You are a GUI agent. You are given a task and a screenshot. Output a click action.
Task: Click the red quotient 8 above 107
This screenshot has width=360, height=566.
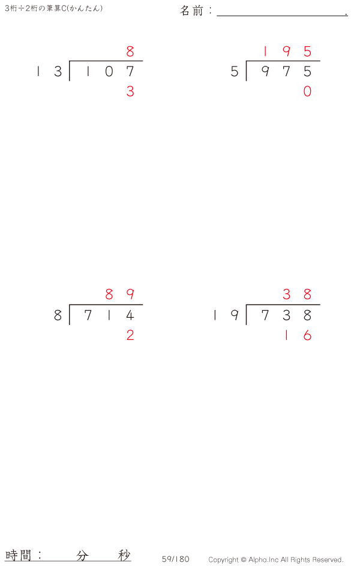[x=130, y=51]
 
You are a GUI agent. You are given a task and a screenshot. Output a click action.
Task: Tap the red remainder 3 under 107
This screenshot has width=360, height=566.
[x=130, y=91]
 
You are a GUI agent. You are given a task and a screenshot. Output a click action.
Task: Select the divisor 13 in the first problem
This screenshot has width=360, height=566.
[x=49, y=71]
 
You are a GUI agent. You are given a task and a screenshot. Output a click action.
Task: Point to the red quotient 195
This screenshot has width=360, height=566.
[x=287, y=51]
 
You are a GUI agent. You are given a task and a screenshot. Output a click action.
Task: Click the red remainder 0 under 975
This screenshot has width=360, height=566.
[x=307, y=91]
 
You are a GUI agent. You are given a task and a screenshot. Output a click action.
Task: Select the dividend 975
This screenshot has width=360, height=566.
[x=286, y=71]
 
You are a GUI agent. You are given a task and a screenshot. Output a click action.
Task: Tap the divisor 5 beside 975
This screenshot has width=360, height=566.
[x=235, y=71]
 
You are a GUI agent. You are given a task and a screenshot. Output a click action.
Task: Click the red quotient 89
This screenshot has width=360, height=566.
[x=120, y=294]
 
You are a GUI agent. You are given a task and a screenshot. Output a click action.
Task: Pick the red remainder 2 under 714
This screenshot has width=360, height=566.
[x=130, y=335]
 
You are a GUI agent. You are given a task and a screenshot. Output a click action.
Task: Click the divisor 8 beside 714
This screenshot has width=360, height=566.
[x=58, y=315]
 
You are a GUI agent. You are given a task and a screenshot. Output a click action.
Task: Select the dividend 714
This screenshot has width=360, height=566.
[x=109, y=315]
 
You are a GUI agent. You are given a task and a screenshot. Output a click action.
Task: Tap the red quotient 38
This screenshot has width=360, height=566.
[x=297, y=294]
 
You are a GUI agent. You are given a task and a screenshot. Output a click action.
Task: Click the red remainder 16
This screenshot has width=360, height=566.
[x=298, y=335]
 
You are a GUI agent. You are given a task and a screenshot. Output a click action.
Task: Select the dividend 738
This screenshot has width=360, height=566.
[x=286, y=315]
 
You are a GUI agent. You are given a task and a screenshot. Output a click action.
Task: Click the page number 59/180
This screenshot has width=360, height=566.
[x=175, y=559]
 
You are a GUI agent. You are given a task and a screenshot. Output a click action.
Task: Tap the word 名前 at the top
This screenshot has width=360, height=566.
[x=192, y=11]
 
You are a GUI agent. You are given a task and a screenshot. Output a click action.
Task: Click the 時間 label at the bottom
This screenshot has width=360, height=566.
[x=18, y=555]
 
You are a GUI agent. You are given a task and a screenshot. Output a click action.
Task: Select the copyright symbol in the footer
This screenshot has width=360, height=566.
[x=244, y=560]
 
